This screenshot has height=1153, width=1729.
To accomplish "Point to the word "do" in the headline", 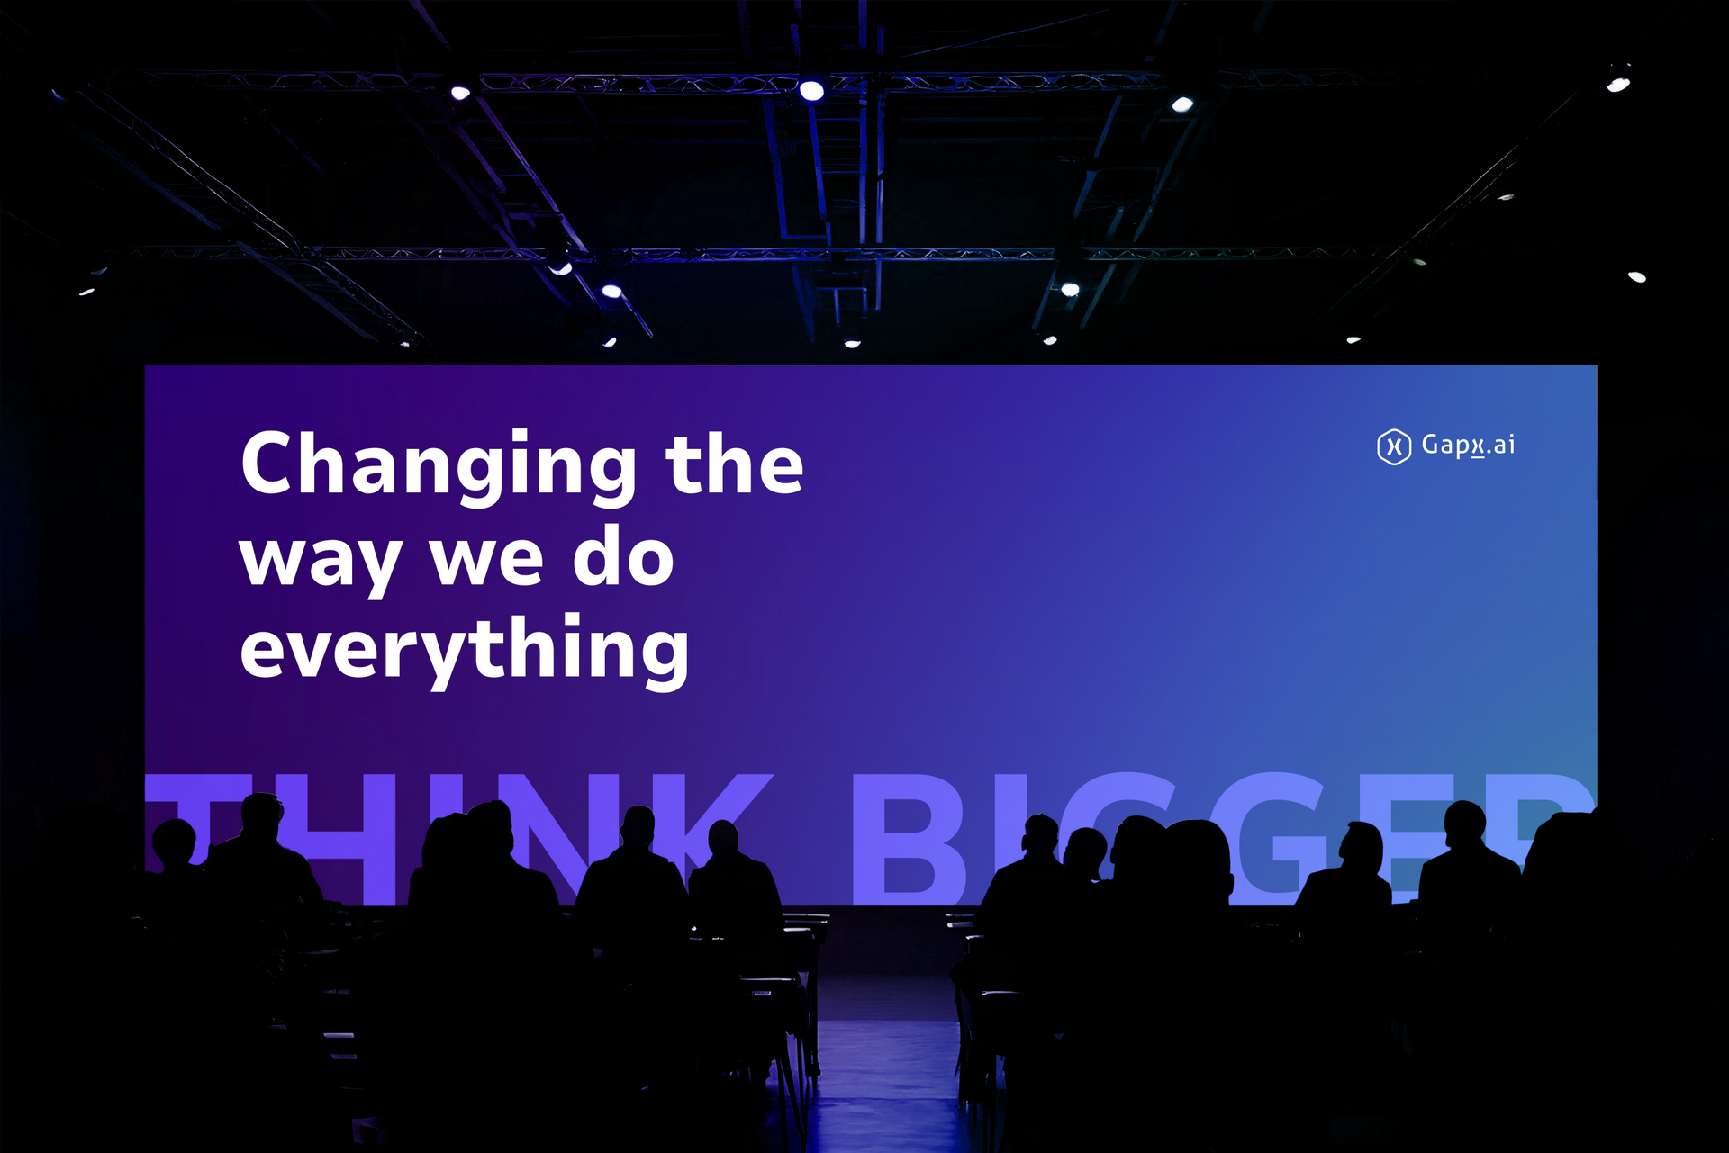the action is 623,554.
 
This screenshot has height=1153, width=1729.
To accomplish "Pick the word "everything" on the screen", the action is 465,650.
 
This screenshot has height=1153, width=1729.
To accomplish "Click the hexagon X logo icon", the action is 1394,446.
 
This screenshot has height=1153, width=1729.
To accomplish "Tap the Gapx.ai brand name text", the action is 1468,446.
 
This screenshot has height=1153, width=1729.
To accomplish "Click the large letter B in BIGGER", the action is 910,837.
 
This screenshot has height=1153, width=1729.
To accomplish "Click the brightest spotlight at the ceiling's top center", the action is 811,90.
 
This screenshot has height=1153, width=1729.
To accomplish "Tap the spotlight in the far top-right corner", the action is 1618,85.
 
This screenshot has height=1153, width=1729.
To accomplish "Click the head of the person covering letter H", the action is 262,815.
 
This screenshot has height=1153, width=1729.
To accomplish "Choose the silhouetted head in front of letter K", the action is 723,839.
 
